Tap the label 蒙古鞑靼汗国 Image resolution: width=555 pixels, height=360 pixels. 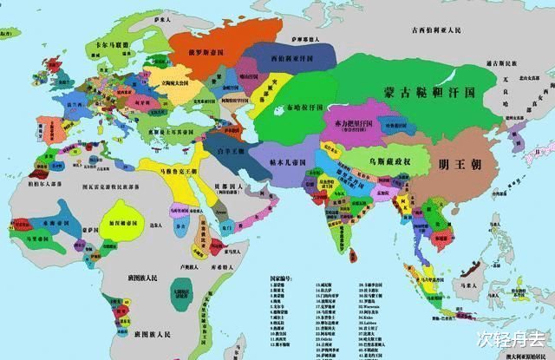(428, 91)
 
